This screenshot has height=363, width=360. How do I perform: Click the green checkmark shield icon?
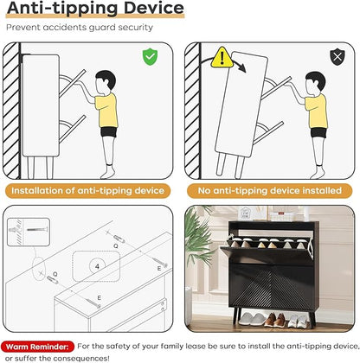tap(150, 57)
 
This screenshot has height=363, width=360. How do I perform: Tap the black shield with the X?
tap(337, 57)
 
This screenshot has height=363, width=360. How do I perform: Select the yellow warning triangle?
tap(222, 58)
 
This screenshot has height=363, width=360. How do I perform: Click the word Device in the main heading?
tap(153, 8)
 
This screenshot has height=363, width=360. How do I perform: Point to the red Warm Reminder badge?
tap(37, 347)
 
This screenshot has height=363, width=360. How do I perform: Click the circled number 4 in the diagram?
tap(97, 266)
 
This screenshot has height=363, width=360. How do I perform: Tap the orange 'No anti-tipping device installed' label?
tap(270, 191)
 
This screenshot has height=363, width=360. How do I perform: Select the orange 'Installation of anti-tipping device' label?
tap(87, 191)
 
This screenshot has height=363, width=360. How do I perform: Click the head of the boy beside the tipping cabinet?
tap(315, 83)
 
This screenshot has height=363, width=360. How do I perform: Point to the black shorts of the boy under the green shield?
tap(109, 131)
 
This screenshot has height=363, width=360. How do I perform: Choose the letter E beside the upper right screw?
tap(159, 268)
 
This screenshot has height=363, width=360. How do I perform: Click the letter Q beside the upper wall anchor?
tap(116, 246)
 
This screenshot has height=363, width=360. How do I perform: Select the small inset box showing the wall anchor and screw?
tap(29, 232)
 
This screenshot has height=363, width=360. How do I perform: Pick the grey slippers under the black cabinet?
tap(250, 319)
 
